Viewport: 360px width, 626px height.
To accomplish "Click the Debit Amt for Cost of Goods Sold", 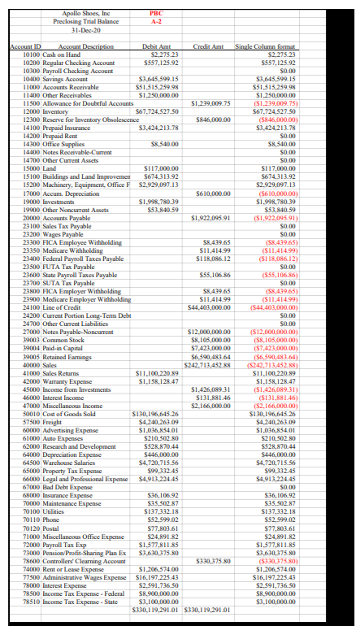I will click(x=155, y=389).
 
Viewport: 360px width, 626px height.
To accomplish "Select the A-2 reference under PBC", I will click(x=157, y=21).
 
